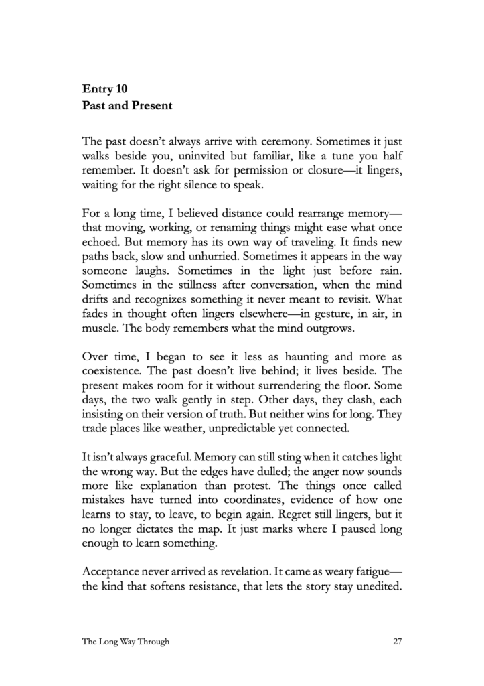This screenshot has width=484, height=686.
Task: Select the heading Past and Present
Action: tap(127, 105)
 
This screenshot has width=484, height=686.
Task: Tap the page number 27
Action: tap(397, 641)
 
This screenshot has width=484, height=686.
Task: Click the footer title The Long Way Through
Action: tap(126, 641)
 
